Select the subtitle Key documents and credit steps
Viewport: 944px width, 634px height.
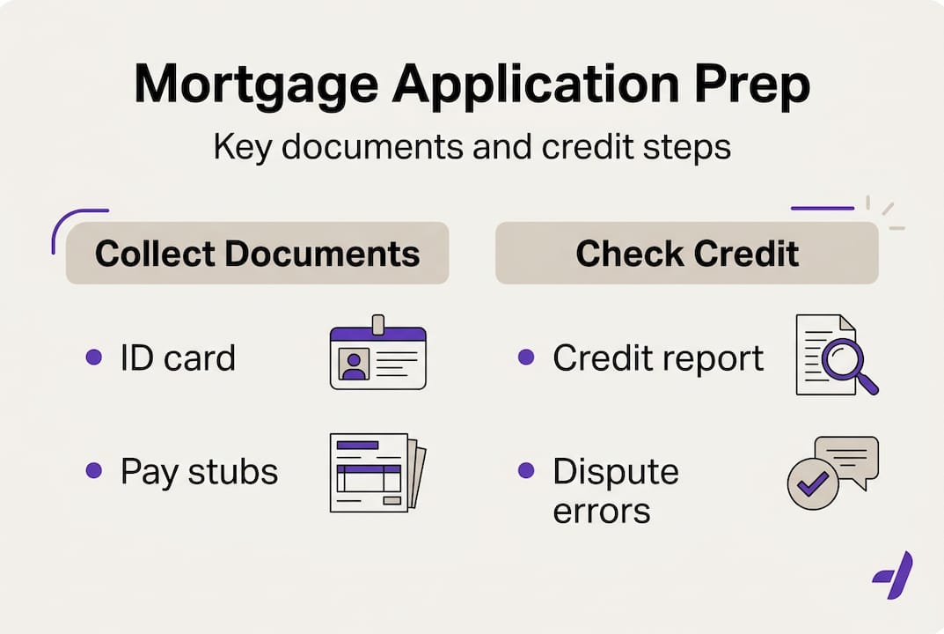[x=472, y=147]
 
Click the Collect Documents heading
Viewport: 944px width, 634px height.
[x=257, y=254]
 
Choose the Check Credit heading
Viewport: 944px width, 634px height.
[x=687, y=254]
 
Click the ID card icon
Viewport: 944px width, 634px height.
[x=377, y=356]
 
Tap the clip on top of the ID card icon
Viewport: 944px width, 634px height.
[x=378, y=324]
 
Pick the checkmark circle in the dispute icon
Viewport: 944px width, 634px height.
[x=813, y=483]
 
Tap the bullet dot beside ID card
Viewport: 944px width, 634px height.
[x=93, y=358]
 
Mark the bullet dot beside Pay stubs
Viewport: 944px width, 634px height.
[x=93, y=471]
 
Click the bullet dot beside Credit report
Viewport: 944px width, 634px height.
[x=526, y=358]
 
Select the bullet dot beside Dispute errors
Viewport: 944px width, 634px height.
[x=526, y=471]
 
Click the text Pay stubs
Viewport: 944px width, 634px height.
[x=199, y=472]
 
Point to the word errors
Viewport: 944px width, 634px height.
[x=601, y=510]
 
